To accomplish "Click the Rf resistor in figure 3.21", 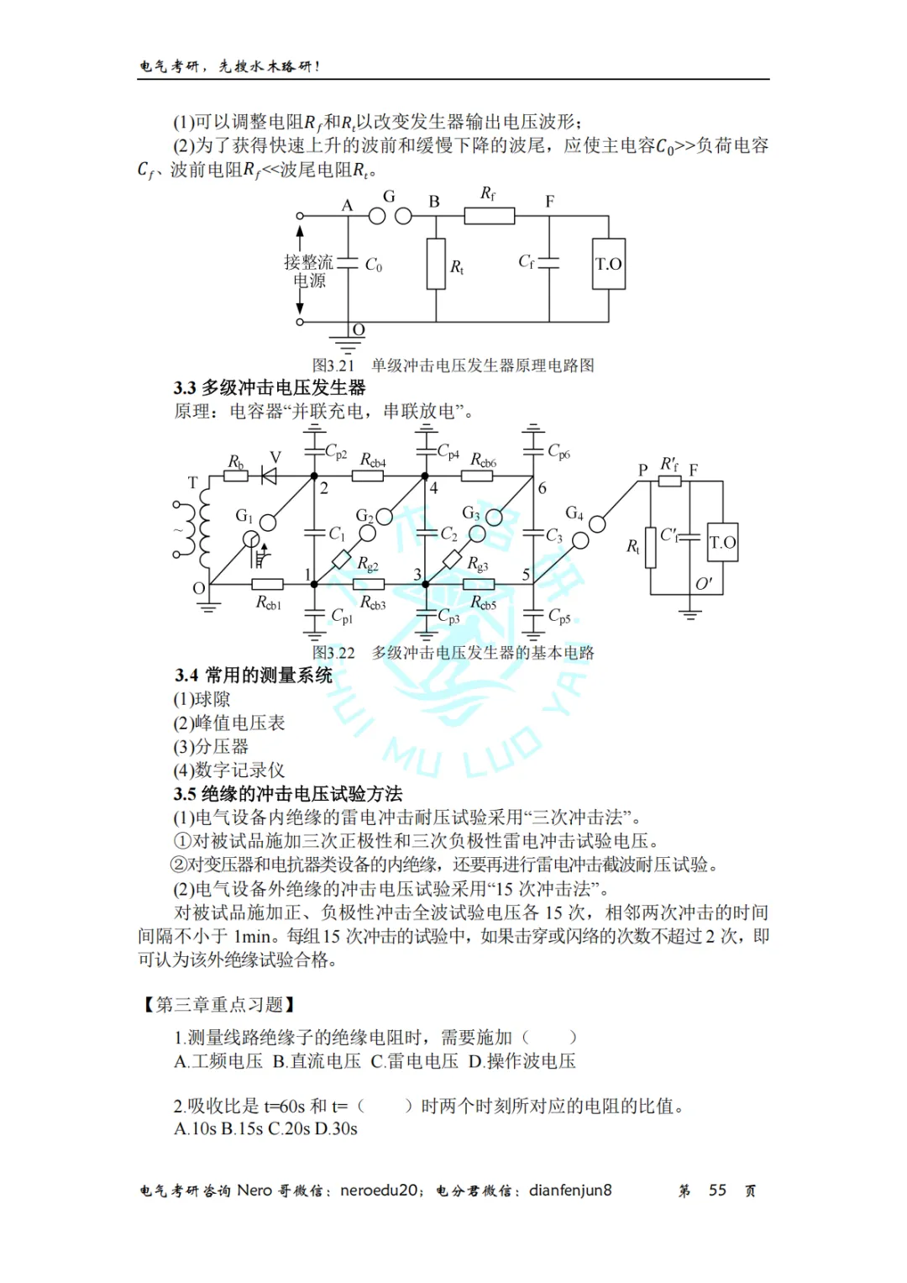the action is pos(489,216).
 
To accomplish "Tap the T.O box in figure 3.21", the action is pos(608,265).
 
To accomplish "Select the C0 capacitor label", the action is pos(374,266).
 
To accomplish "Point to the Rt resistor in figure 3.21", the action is pos(436,264).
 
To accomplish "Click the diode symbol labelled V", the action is pos(269,476).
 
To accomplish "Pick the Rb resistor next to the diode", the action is pos(236,476).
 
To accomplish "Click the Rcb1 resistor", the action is pos(267,584).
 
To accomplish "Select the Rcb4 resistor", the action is pos(367,476).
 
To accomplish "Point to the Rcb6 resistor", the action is pos(477,476).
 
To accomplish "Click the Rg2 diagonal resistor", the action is pos(342,559).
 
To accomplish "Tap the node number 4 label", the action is pos(433,488).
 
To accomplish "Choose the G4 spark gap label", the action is pos(574,513).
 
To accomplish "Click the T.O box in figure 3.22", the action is pos(722,543).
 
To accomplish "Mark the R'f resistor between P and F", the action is pos(669,481).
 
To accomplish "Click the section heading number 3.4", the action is pos(186,676).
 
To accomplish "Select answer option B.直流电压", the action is pos(317,1061).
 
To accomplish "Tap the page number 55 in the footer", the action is pos(717,1191).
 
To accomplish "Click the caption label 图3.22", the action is pos(333,653).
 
